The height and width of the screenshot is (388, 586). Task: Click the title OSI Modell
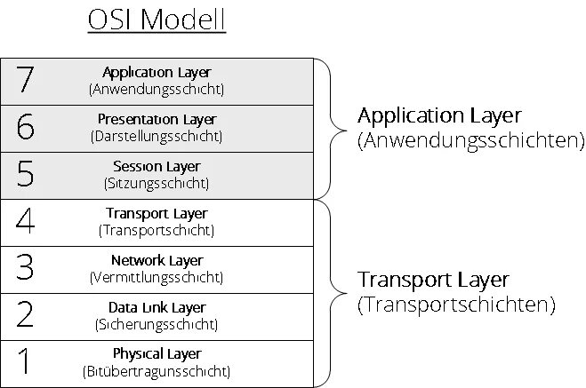(157, 20)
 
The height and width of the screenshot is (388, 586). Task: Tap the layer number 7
(25, 81)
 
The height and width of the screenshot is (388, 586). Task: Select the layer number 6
(25, 128)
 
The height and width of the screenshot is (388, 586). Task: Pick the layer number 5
(25, 175)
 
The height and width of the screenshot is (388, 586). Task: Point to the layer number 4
(25, 221)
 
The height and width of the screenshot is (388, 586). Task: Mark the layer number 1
(25, 362)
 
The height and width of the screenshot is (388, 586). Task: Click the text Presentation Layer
(157, 119)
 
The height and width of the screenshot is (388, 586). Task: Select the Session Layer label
(157, 166)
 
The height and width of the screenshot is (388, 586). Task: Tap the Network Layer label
(157, 260)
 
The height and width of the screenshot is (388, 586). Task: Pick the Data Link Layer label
(157, 307)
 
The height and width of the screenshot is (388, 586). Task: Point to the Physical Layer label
(157, 354)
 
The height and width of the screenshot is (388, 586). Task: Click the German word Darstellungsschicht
(157, 137)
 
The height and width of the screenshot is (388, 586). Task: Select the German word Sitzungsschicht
(157, 184)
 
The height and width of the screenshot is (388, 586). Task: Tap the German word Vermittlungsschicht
(157, 278)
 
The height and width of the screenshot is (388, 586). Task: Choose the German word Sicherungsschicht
(157, 325)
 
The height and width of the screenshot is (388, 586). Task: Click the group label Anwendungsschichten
(470, 140)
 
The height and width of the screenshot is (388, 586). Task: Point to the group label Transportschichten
(456, 305)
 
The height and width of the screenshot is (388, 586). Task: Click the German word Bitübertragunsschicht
(157, 371)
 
